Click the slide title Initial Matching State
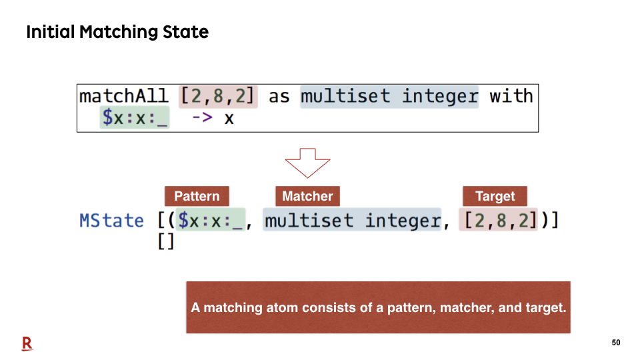pyautogui.click(x=117, y=32)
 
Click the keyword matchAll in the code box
pyautogui.click(x=124, y=96)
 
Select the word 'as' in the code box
pyautogui.click(x=279, y=97)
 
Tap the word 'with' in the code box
pyautogui.click(x=511, y=96)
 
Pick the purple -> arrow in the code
pyautogui.click(x=202, y=117)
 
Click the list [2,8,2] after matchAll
pyautogui.click(x=218, y=97)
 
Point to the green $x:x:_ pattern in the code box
pyautogui.click(x=135, y=117)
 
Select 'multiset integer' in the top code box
pyautogui.click(x=389, y=97)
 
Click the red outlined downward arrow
pyautogui.click(x=307, y=163)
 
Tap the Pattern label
pyautogui.click(x=197, y=196)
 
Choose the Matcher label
pyautogui.click(x=308, y=196)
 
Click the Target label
pyautogui.click(x=495, y=196)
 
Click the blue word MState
pyautogui.click(x=111, y=221)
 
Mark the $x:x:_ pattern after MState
pyautogui.click(x=211, y=220)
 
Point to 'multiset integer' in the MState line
pyautogui.click(x=352, y=220)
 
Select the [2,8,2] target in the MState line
pyautogui.click(x=499, y=220)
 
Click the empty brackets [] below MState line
pyautogui.click(x=166, y=241)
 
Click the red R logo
pyautogui.click(x=27, y=344)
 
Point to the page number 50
pyautogui.click(x=616, y=343)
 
